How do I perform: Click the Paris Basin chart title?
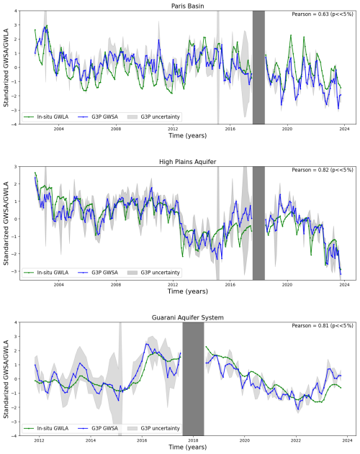(187, 6)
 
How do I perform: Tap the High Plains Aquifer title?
(187, 162)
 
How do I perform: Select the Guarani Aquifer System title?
(187, 317)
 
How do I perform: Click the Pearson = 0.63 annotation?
(323, 14)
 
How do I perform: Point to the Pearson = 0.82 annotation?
(323, 170)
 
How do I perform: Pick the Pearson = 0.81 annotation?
(323, 326)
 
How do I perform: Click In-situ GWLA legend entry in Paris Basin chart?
(46, 117)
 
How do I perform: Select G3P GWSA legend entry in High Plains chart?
(98, 273)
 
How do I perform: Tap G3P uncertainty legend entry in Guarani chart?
(153, 429)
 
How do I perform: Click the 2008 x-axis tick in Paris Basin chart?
(116, 129)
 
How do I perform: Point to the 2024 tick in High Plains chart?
(344, 285)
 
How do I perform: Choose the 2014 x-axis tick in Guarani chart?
(91, 440)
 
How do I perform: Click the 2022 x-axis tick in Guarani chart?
(296, 440)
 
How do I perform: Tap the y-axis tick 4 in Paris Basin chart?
(16, 11)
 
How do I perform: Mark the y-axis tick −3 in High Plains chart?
(15, 271)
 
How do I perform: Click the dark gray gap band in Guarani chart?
(194, 378)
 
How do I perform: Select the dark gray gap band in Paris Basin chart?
(258, 68)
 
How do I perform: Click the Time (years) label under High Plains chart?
(187, 291)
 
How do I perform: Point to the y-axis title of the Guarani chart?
(6, 378)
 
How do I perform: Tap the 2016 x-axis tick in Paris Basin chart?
(230, 129)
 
